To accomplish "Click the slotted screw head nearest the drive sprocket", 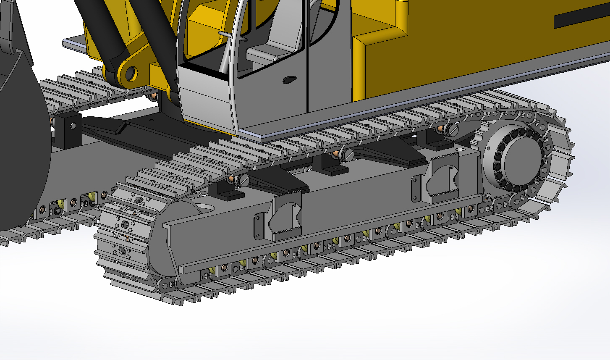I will tap(452, 130).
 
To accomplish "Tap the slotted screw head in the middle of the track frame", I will tap(348, 156).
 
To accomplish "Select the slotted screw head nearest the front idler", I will tap(243, 181).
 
